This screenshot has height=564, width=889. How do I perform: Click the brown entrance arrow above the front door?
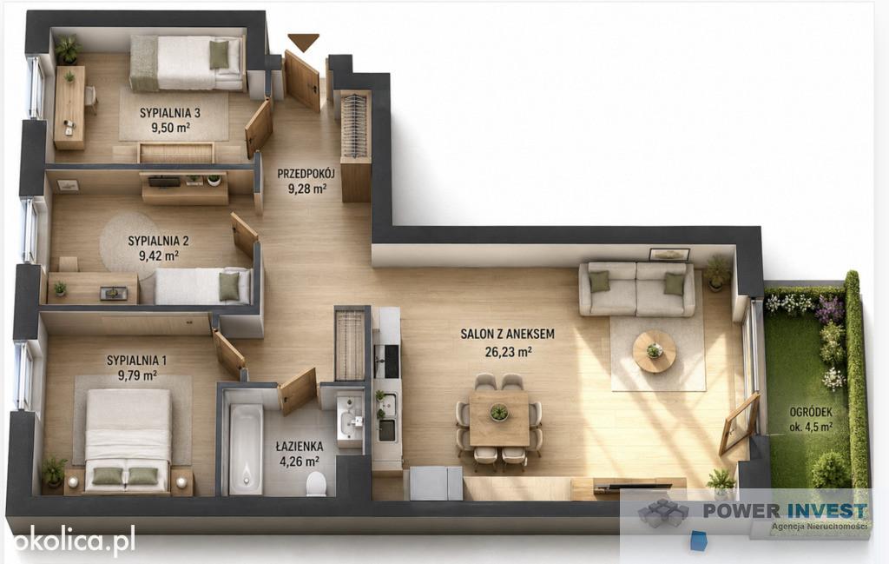click(x=303, y=42)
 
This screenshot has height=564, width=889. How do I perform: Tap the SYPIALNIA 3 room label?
click(x=170, y=112)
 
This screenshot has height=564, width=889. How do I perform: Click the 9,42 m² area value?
click(x=159, y=255)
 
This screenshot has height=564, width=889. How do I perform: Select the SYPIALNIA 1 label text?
click(x=136, y=361)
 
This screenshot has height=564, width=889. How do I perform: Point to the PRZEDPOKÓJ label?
click(x=306, y=174)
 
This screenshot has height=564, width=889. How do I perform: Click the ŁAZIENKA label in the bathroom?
click(x=300, y=447)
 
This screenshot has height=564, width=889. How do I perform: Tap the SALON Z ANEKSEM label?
click(x=507, y=335)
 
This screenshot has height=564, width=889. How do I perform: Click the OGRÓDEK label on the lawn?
click(x=812, y=412)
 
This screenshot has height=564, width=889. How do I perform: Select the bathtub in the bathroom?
click(x=246, y=448)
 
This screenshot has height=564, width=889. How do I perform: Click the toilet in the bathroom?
click(x=316, y=483)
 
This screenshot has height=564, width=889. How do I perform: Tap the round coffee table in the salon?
click(x=655, y=351)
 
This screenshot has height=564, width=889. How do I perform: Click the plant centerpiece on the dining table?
click(x=499, y=411)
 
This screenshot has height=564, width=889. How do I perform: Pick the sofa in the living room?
click(x=636, y=289)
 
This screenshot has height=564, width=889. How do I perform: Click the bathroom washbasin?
click(x=350, y=421)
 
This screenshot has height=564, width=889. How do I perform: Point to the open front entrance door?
click(x=302, y=81)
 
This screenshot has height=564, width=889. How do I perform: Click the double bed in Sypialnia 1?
click(x=128, y=440)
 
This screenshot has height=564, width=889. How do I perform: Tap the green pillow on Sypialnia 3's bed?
click(x=220, y=55)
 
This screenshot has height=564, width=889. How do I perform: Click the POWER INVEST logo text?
click(x=786, y=510)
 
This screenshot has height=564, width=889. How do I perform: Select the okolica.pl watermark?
click(x=74, y=540)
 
